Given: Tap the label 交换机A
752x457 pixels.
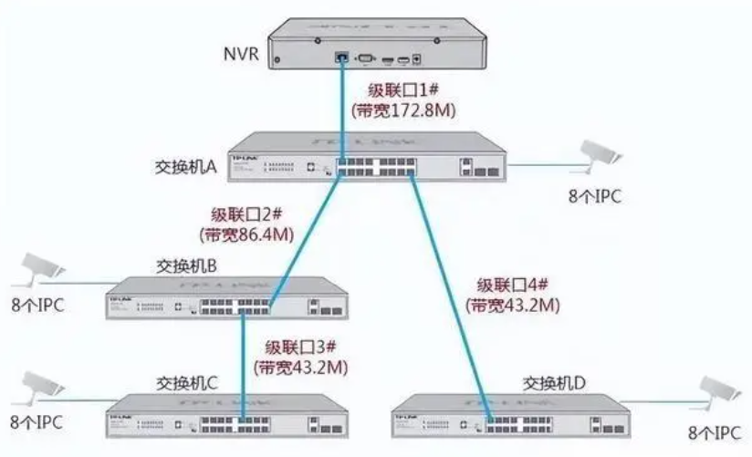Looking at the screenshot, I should pyautogui.click(x=185, y=168).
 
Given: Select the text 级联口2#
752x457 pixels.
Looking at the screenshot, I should pyautogui.click(x=246, y=215).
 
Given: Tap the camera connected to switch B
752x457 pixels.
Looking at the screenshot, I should pyautogui.click(x=41, y=266).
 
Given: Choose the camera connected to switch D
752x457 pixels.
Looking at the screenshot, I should pyautogui.click(x=716, y=390).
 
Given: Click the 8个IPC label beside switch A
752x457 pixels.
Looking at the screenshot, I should pyautogui.click(x=597, y=196).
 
